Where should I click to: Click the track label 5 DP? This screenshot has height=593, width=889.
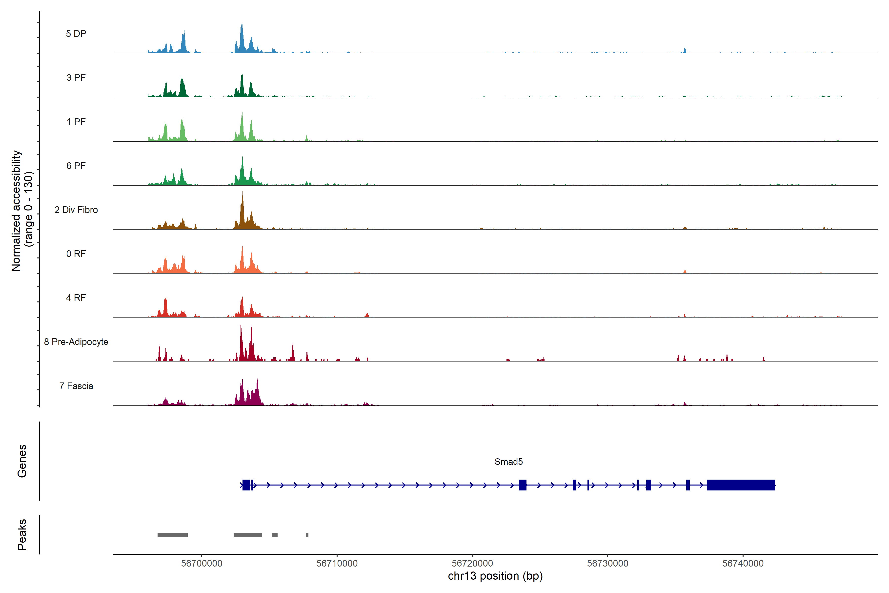coord(76,34)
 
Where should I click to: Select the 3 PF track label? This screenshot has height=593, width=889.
coord(76,78)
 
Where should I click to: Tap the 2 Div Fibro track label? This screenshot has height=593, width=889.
coord(76,210)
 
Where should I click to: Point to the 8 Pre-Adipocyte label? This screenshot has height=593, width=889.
coord(76,342)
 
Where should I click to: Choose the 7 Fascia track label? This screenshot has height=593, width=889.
coord(76,386)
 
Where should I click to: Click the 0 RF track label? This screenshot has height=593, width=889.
coord(76,254)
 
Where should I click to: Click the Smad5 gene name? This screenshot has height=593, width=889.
coord(508,462)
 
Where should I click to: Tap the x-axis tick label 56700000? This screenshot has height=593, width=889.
coord(202,563)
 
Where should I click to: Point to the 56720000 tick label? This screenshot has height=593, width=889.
coord(472,563)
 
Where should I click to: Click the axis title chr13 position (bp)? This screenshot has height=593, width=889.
coord(495,576)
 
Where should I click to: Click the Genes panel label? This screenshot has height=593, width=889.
coord(22,461)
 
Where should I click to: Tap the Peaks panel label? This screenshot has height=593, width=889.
coord(22,534)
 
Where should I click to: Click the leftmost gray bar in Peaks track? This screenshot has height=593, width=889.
coord(172,535)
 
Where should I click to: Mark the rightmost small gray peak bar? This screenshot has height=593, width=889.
coord(307,535)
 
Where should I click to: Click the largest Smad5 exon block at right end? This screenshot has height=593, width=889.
coord(741,485)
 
